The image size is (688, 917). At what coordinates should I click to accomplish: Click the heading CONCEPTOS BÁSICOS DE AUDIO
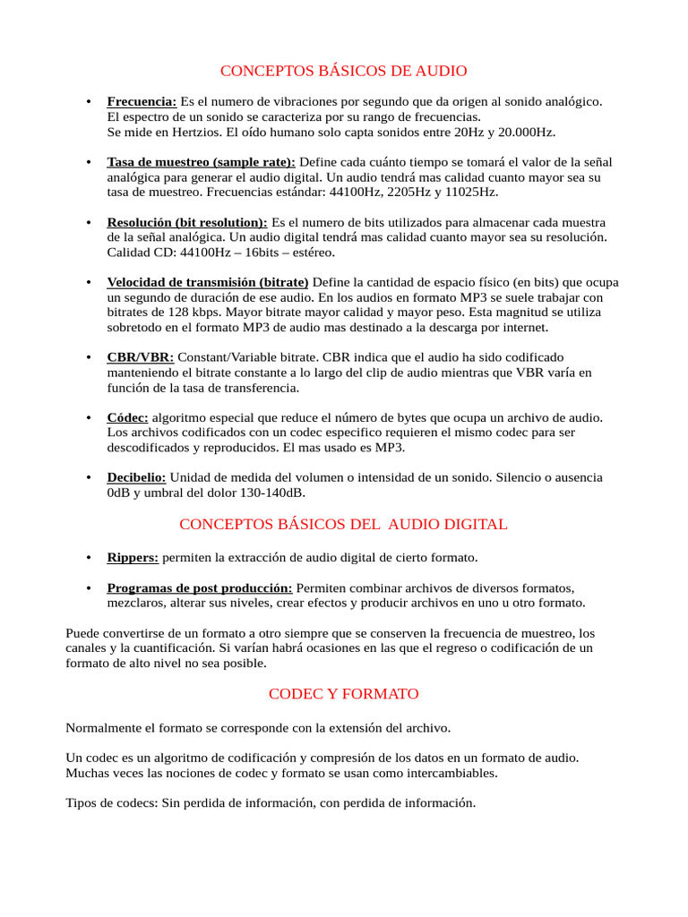coord(344,71)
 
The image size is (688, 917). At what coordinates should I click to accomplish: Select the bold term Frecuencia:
coord(142,102)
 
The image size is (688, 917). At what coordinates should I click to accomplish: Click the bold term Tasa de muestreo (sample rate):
coord(201,162)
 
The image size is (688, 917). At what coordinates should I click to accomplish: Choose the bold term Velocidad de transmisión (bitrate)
coord(208,282)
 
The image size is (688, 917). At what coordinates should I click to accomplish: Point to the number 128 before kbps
coord(180,313)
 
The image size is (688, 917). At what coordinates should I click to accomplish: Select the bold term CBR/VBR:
coord(141,357)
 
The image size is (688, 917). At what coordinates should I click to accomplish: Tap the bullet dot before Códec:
coord(88,417)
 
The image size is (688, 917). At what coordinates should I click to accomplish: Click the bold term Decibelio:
coord(136,477)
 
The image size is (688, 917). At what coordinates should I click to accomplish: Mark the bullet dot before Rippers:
coord(88,558)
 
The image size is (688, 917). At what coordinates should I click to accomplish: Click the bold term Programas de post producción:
coord(199,588)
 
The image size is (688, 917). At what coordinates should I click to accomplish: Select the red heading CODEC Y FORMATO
coord(344,694)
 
